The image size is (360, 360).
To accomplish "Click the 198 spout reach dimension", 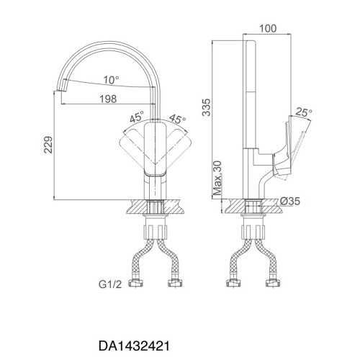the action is click(108, 99).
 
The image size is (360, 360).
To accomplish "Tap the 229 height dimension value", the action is click(48, 145).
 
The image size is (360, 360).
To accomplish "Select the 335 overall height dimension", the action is click(206, 107).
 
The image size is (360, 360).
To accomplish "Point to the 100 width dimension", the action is click(268, 29).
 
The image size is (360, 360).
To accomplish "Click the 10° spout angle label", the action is click(112, 80).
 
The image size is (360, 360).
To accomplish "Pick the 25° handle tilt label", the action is click(304, 112).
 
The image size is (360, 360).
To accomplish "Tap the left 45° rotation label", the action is click(137, 117).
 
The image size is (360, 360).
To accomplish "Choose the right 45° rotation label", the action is click(178, 120).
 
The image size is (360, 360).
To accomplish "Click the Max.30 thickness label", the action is click(217, 178).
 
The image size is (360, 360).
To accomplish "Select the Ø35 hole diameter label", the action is click(290, 201).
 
